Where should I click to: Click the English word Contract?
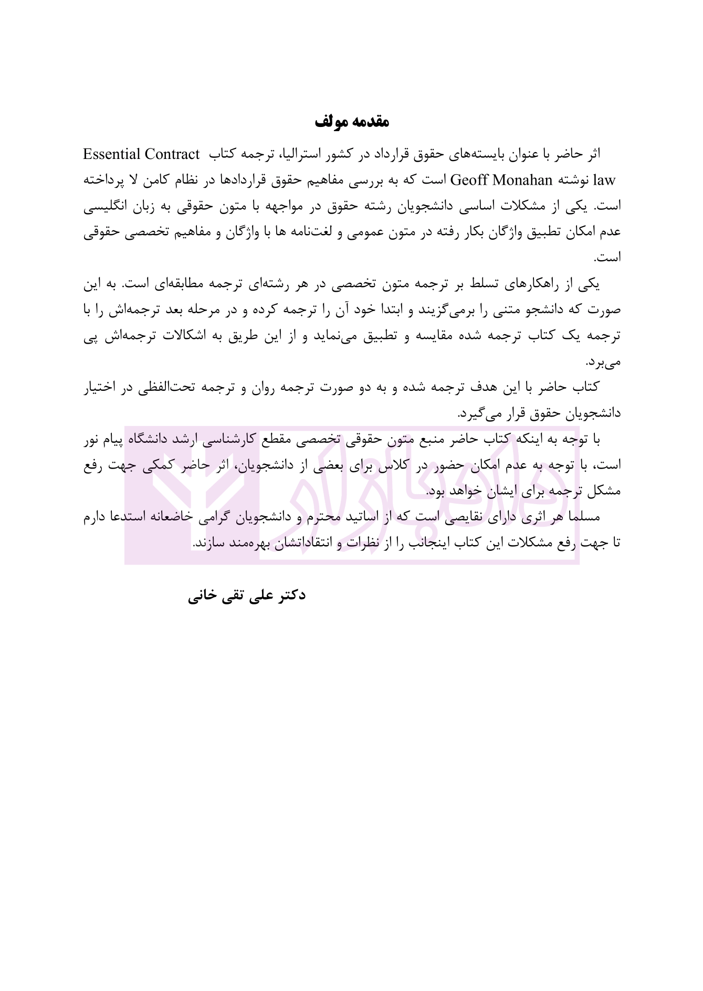(172, 154)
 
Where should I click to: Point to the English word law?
(604, 180)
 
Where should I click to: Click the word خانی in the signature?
(202, 596)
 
